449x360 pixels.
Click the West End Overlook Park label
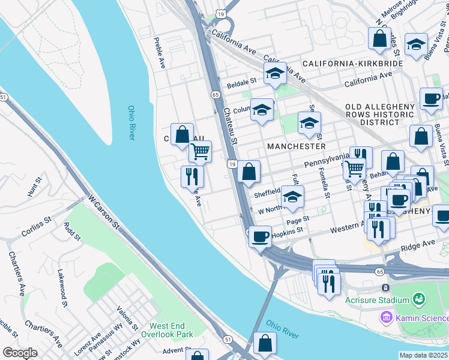[x=167, y=329]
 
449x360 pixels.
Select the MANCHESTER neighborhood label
[x=297, y=146]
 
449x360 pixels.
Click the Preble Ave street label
[x=160, y=52]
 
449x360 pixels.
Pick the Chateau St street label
[x=231, y=125]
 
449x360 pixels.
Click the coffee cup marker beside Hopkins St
[x=260, y=236]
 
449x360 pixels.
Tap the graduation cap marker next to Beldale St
[x=275, y=73]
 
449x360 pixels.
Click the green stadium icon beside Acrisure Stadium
[x=419, y=299]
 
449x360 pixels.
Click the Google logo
[x=19, y=353]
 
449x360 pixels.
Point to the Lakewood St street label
[x=62, y=289]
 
